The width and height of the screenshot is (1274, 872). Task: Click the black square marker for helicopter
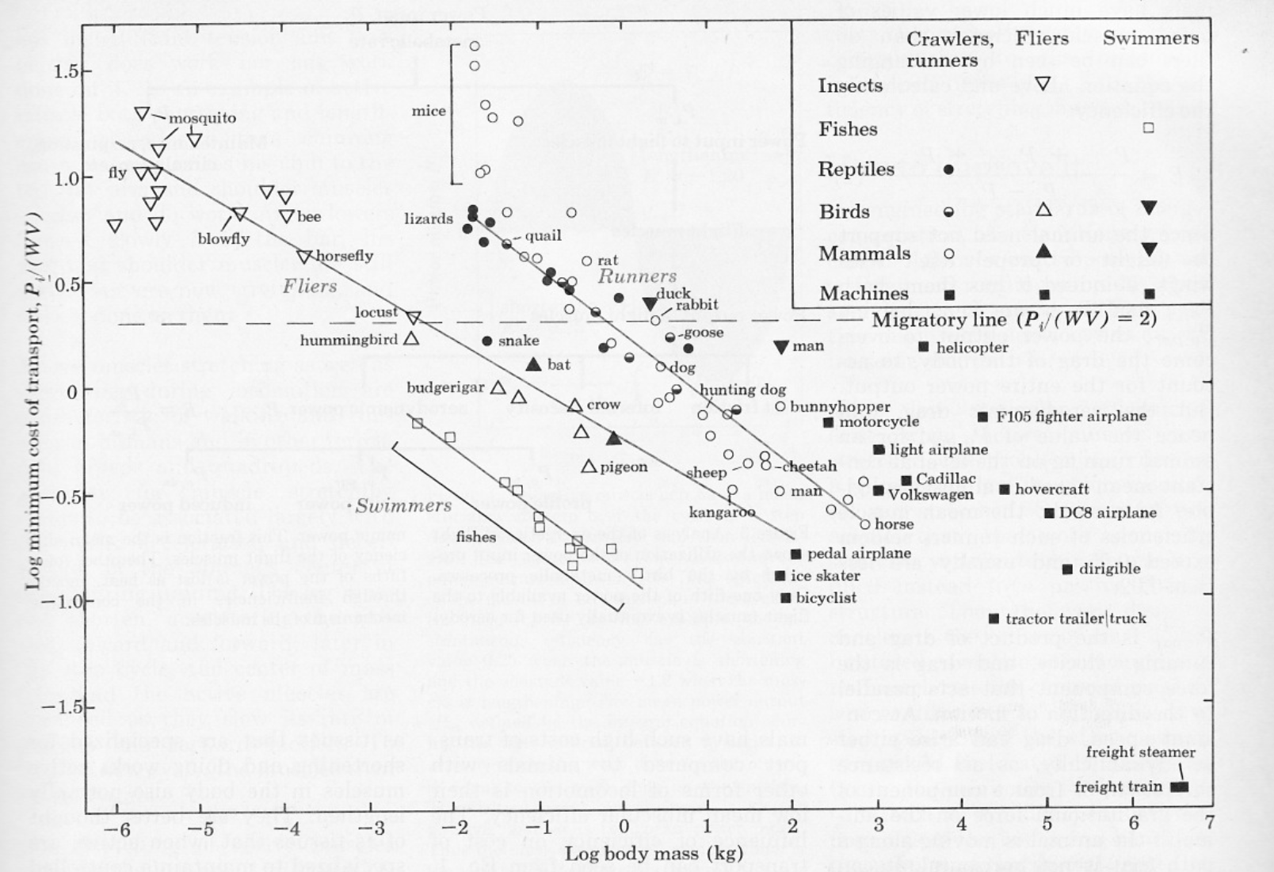click(923, 347)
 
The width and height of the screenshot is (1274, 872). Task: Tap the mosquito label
click(202, 118)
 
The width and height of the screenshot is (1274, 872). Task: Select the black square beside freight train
click(1180, 786)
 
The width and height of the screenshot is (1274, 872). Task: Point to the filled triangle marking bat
click(533, 364)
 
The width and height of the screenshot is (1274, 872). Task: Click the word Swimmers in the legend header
click(1150, 38)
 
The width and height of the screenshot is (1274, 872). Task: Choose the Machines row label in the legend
click(864, 294)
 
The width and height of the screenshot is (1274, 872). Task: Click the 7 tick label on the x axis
click(1209, 824)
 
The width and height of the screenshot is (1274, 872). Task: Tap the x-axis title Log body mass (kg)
click(654, 853)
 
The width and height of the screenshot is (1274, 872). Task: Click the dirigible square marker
click(1067, 569)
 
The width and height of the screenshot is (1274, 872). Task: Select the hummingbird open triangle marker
click(410, 338)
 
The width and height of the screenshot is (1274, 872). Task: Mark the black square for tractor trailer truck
click(994, 619)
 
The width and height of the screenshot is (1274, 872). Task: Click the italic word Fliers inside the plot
click(310, 286)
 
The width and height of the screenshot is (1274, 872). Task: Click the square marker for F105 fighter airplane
click(982, 417)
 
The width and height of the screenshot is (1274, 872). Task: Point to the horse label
click(894, 524)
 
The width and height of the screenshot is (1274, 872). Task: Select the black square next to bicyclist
click(785, 598)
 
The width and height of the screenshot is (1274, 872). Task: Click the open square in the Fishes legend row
click(1148, 128)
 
